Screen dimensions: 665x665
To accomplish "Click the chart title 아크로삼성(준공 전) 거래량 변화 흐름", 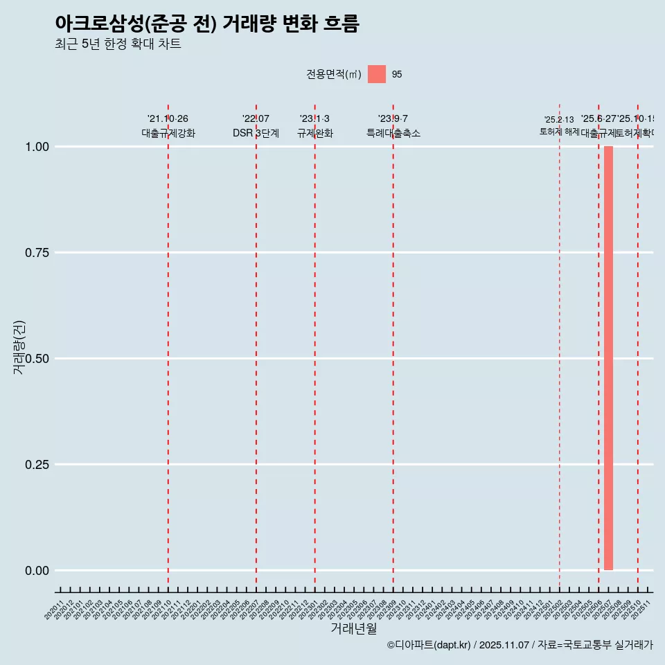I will pos(206,24).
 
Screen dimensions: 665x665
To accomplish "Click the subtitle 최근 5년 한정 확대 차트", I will pos(118,44).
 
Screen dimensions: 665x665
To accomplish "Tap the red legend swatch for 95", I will pos(376,74).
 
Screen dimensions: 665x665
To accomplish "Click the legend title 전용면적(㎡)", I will pos(333,74).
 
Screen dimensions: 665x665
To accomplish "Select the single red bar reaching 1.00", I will pos(608,357).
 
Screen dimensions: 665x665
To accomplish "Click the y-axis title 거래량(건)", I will pos(19,347).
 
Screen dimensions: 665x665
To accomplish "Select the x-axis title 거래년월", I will pos(353,628).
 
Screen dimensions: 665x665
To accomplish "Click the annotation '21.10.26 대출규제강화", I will pos(168,127).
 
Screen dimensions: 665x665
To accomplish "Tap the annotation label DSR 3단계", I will pos(256,134).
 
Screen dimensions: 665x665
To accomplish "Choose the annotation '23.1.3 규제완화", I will pos(314,127).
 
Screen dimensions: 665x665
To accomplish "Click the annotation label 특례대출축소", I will pos(393,134).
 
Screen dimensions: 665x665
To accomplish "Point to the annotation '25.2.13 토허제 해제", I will pos(559,126).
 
